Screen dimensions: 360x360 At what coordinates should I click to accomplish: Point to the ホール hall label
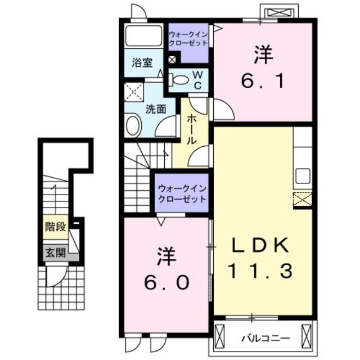click(x=191, y=129)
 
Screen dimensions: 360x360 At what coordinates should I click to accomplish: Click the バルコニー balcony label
click(x=265, y=339)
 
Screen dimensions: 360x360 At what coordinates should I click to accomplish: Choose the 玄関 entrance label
click(x=55, y=253)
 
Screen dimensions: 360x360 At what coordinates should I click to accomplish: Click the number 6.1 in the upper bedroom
click(x=263, y=82)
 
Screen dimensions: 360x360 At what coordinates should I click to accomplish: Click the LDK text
click(x=261, y=245)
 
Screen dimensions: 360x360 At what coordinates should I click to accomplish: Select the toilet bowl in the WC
click(x=179, y=79)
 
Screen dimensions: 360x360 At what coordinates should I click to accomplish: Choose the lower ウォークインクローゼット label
click(x=181, y=193)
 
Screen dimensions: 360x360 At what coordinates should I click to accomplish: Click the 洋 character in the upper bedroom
click(x=263, y=55)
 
